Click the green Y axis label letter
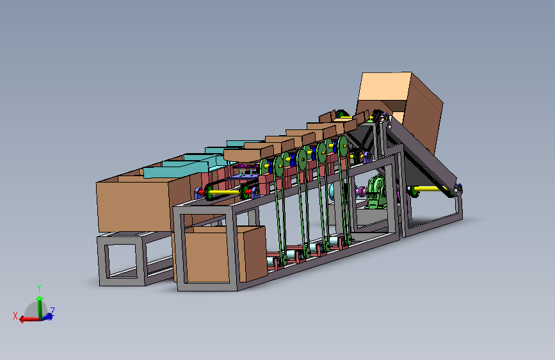tap(39, 288)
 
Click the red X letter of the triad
tap(15, 315)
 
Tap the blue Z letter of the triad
tap(52, 311)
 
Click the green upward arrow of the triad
tap(40, 304)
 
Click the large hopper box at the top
tap(400, 99)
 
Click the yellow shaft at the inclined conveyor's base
tap(429, 189)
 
